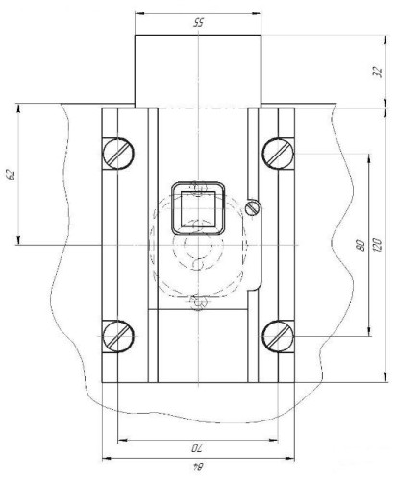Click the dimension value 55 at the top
[198, 23]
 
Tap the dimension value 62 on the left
[12, 175]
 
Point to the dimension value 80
[361, 245]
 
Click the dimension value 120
[378, 245]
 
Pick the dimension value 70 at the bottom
[198, 448]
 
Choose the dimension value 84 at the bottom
[198, 467]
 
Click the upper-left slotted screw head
[118, 154]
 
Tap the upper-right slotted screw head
[278, 154]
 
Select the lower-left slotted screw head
[118, 336]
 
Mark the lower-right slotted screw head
[278, 336]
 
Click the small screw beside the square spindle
[252, 208]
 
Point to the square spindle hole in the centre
[198, 208]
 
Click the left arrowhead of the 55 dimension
[140, 13]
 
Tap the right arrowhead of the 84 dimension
[289, 459]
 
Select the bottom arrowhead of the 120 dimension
[386, 377]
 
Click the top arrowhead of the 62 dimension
[18, 108]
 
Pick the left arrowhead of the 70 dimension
[123, 441]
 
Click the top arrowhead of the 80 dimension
[369, 158]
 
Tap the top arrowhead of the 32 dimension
[386, 39]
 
